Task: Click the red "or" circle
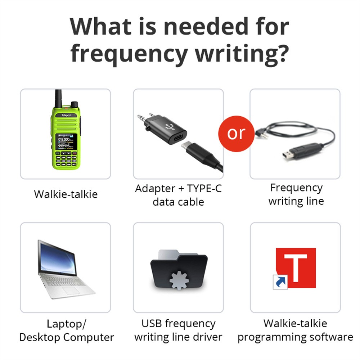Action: (236, 133)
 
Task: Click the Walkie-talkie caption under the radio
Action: (66, 194)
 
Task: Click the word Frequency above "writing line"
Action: (296, 188)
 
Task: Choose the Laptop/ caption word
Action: (66, 324)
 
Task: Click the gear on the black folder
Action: (179, 278)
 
